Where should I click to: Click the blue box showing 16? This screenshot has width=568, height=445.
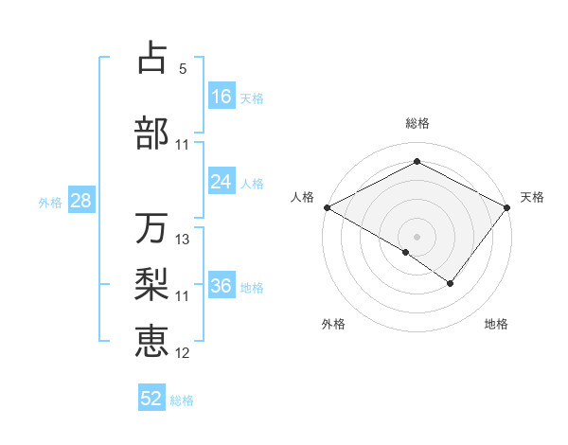(x=222, y=96)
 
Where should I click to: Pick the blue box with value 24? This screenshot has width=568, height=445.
(x=222, y=182)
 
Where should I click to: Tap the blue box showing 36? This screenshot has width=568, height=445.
(x=222, y=286)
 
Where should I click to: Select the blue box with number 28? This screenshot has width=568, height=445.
(x=80, y=200)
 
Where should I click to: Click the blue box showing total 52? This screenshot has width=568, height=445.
(x=151, y=399)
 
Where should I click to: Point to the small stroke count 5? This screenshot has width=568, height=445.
(x=183, y=69)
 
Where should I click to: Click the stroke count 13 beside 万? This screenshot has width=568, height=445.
(x=183, y=240)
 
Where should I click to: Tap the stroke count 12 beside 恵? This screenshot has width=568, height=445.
(x=183, y=353)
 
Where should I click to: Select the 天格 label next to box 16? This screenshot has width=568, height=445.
(x=252, y=98)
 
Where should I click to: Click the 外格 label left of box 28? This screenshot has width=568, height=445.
(x=50, y=202)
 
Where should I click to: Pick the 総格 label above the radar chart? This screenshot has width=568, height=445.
(x=417, y=123)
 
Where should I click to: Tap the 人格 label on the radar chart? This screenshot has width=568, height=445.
(x=303, y=197)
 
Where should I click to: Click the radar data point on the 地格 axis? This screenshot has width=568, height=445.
(x=451, y=283)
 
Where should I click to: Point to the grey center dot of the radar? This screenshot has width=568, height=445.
(x=417, y=237)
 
